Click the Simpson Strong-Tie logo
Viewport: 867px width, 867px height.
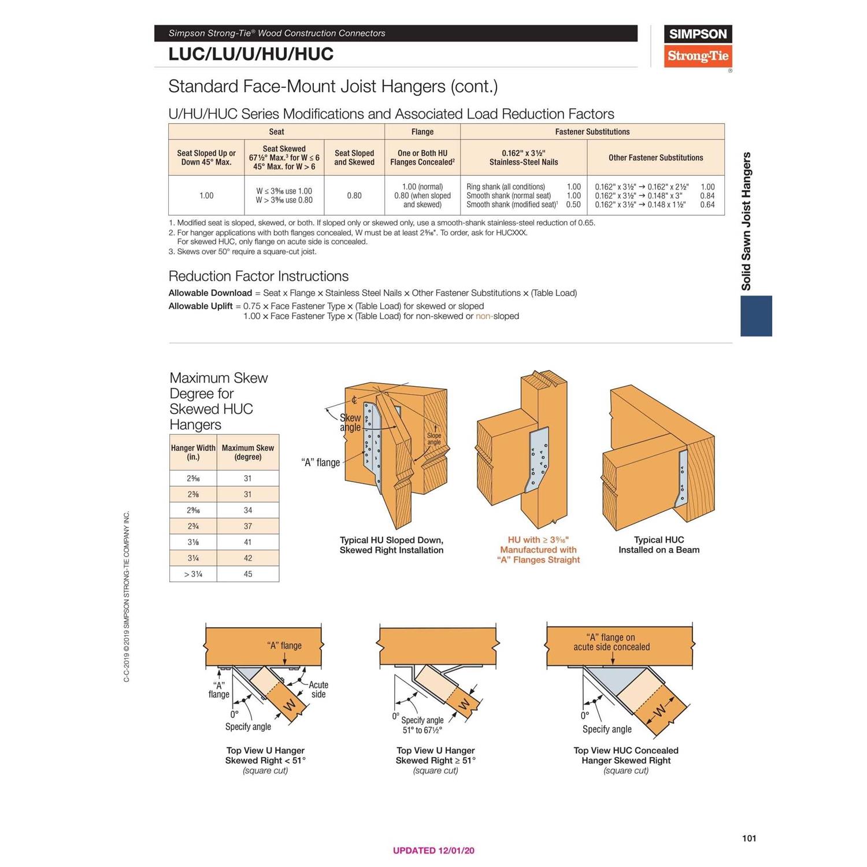tap(698, 46)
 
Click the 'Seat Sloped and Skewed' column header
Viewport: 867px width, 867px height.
tap(354, 157)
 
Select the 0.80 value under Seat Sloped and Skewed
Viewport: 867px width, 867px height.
tap(354, 196)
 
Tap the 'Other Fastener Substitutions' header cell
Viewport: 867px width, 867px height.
tap(655, 157)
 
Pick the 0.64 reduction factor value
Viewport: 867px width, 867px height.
tap(707, 205)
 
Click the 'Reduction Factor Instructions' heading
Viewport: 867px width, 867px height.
tap(258, 276)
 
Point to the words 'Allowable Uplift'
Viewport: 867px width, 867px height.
tap(201, 306)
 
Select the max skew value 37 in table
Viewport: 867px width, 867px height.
tap(247, 526)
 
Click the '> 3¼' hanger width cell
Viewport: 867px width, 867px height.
tap(193, 574)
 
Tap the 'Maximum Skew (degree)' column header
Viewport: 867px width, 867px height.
tap(247, 452)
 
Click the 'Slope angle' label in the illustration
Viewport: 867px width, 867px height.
tap(433, 439)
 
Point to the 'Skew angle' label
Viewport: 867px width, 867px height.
tap(350, 423)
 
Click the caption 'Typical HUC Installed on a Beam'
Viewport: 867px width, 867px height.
tap(658, 544)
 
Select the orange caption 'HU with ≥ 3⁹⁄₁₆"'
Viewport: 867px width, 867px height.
tap(538, 540)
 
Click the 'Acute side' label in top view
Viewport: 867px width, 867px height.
tap(318, 689)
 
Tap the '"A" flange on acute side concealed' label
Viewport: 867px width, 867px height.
tap(611, 642)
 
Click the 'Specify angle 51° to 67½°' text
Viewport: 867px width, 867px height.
tap(422, 725)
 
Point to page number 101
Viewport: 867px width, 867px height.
tap(749, 838)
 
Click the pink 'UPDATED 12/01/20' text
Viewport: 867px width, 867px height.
tap(433, 850)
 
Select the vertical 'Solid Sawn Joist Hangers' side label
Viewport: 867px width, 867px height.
tap(746, 221)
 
